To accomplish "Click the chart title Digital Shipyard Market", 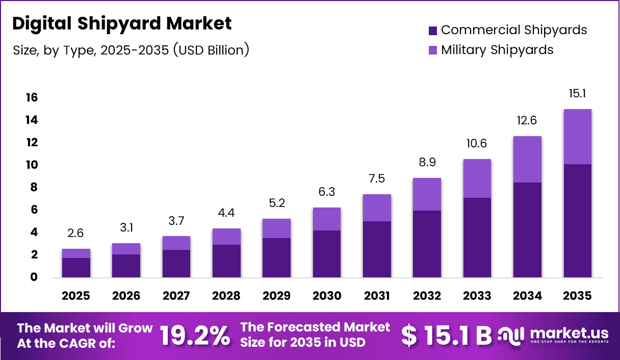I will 122,23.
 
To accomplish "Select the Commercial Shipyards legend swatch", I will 433,31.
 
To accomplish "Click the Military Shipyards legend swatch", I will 433,50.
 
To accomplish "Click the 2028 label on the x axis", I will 226,296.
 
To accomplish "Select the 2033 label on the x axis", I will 477,296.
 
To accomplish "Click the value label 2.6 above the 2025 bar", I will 76,234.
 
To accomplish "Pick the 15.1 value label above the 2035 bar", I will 578,94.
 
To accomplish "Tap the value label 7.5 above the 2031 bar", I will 377,179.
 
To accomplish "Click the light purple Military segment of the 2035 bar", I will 578,137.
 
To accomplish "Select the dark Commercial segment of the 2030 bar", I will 327,254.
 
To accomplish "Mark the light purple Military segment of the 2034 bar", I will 527,159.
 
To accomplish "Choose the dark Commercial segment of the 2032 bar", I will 427,244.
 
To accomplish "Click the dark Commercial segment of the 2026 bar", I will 126,266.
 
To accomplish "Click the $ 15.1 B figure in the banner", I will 446,336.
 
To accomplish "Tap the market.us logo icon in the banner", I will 511,335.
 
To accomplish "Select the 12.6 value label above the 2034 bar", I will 527,121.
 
